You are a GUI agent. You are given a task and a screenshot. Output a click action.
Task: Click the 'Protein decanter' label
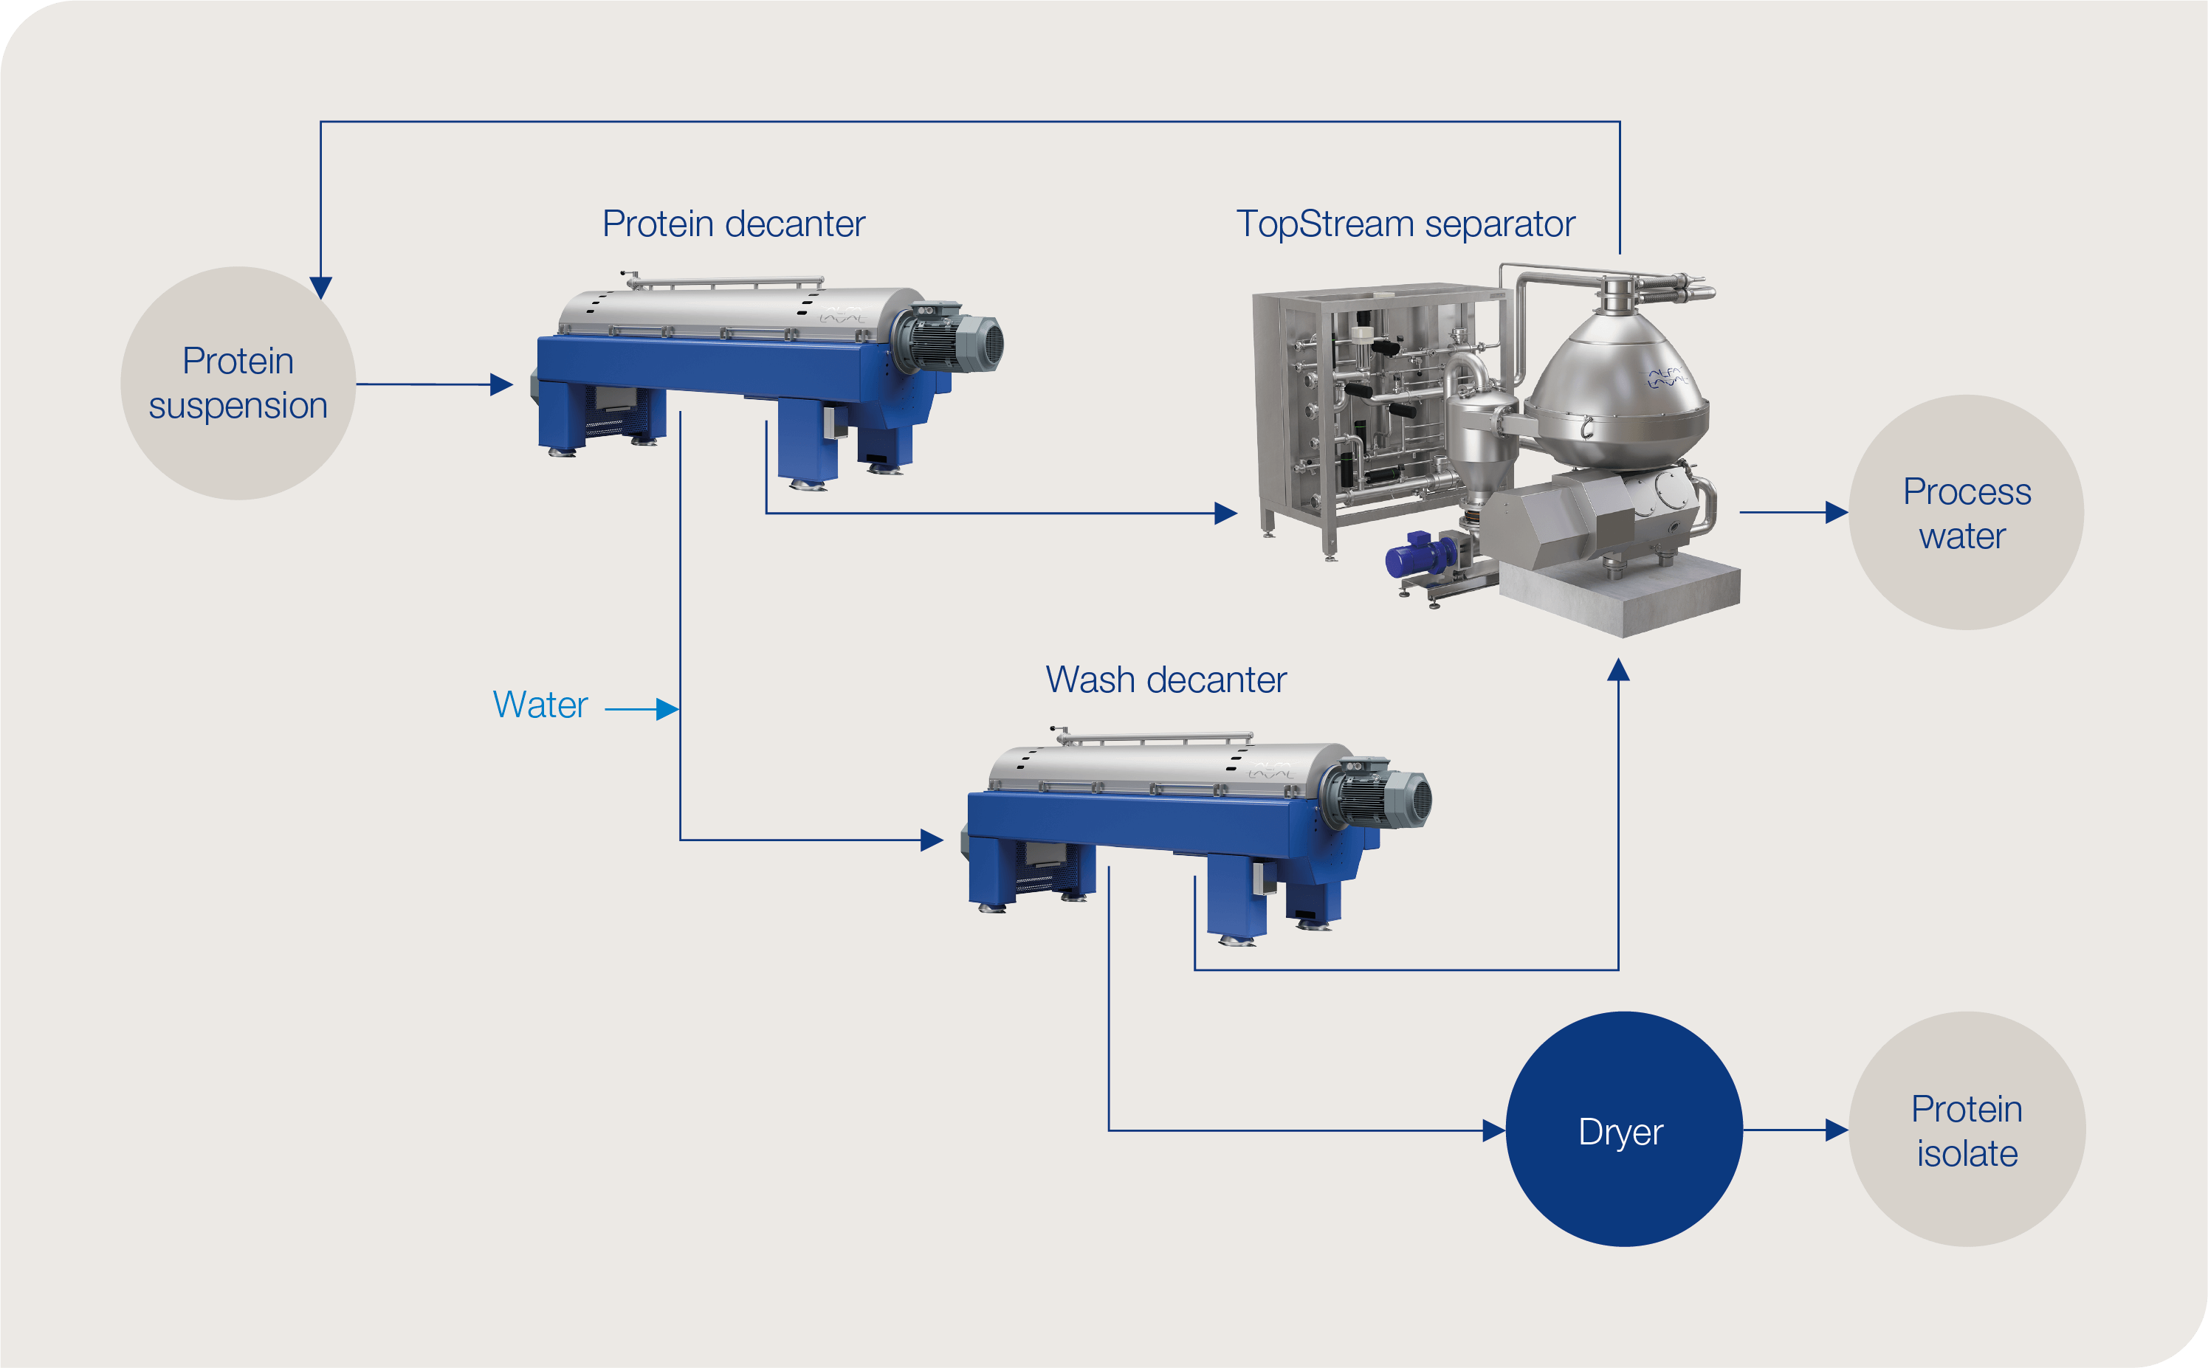[x=733, y=224]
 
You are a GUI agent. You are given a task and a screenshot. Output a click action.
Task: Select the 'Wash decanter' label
[x=1166, y=680]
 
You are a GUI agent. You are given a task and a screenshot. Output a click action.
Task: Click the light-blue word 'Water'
[x=540, y=705]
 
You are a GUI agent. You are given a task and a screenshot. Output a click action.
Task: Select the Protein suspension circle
[x=238, y=383]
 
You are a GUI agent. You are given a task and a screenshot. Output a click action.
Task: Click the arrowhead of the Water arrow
[x=668, y=709]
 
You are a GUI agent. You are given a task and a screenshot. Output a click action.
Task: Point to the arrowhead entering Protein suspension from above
[x=321, y=288]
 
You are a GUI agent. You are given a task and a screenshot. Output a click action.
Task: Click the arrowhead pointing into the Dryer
[x=1494, y=1130]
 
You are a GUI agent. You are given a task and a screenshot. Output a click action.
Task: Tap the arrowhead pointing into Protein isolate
[x=1837, y=1130]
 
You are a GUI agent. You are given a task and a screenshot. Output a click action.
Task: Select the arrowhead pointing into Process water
[x=1837, y=512]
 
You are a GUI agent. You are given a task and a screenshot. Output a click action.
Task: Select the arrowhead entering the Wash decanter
[x=932, y=840]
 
